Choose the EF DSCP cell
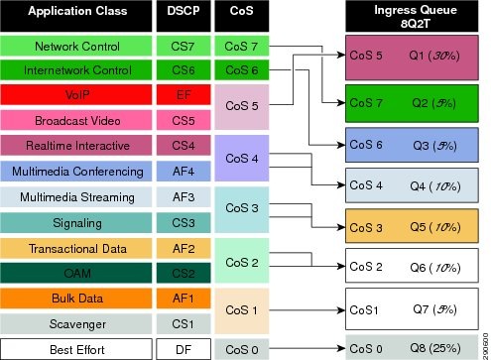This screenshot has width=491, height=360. point(183,96)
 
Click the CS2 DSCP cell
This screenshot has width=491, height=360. point(183,272)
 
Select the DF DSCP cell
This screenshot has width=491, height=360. point(183,348)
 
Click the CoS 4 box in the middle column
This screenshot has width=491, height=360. point(242,159)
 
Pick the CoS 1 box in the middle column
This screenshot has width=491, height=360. point(242,309)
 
